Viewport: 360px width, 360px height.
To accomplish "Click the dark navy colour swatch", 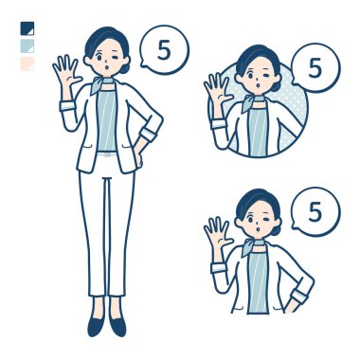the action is (27, 28).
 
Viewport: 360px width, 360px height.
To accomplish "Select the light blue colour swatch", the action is (27, 45).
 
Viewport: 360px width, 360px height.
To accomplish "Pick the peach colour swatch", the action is (27, 63).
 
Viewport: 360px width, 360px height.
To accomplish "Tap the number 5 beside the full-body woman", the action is (164, 50).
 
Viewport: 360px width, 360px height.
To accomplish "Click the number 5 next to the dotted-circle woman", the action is (315, 68).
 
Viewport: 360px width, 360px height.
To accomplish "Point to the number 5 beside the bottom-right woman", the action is (315, 212).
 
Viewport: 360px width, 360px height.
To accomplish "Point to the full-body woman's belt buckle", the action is (108, 154).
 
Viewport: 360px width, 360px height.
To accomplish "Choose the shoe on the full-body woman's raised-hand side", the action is (96, 326).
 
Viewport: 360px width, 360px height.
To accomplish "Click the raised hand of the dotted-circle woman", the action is (217, 91).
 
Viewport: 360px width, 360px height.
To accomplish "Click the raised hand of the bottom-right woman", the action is (217, 234).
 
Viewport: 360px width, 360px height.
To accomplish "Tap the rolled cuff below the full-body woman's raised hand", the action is (68, 105).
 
